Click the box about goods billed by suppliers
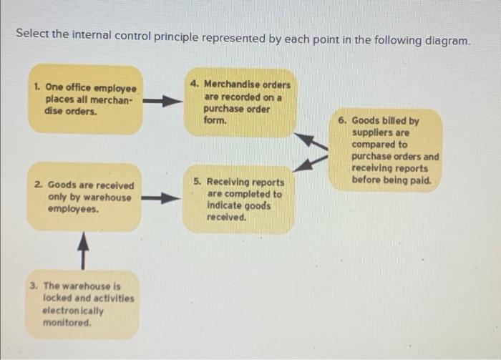386,150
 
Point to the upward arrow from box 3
83,246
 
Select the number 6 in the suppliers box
341,121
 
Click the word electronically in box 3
73,311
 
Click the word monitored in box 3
67,323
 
